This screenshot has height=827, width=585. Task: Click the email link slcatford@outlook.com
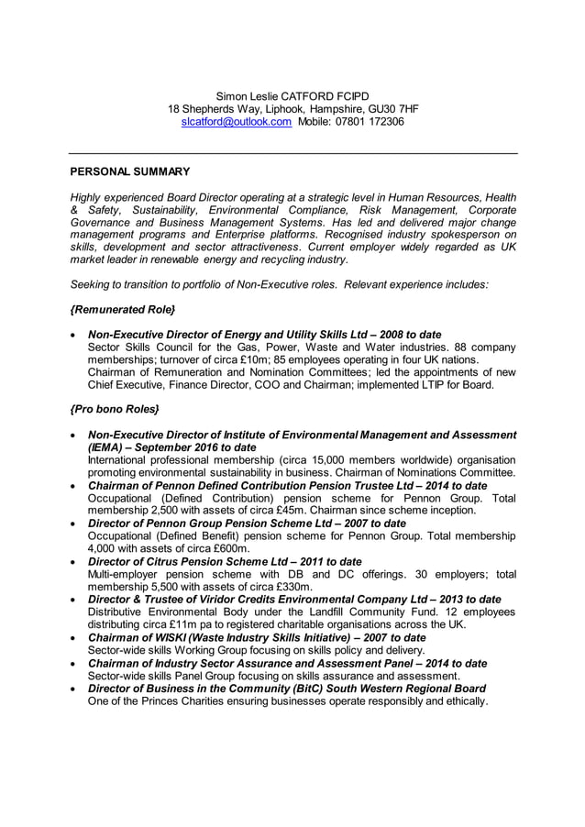point(237,122)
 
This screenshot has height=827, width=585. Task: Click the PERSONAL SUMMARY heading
point(130,171)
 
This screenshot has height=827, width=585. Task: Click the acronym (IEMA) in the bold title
point(107,447)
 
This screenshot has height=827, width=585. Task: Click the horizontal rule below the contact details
point(293,153)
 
